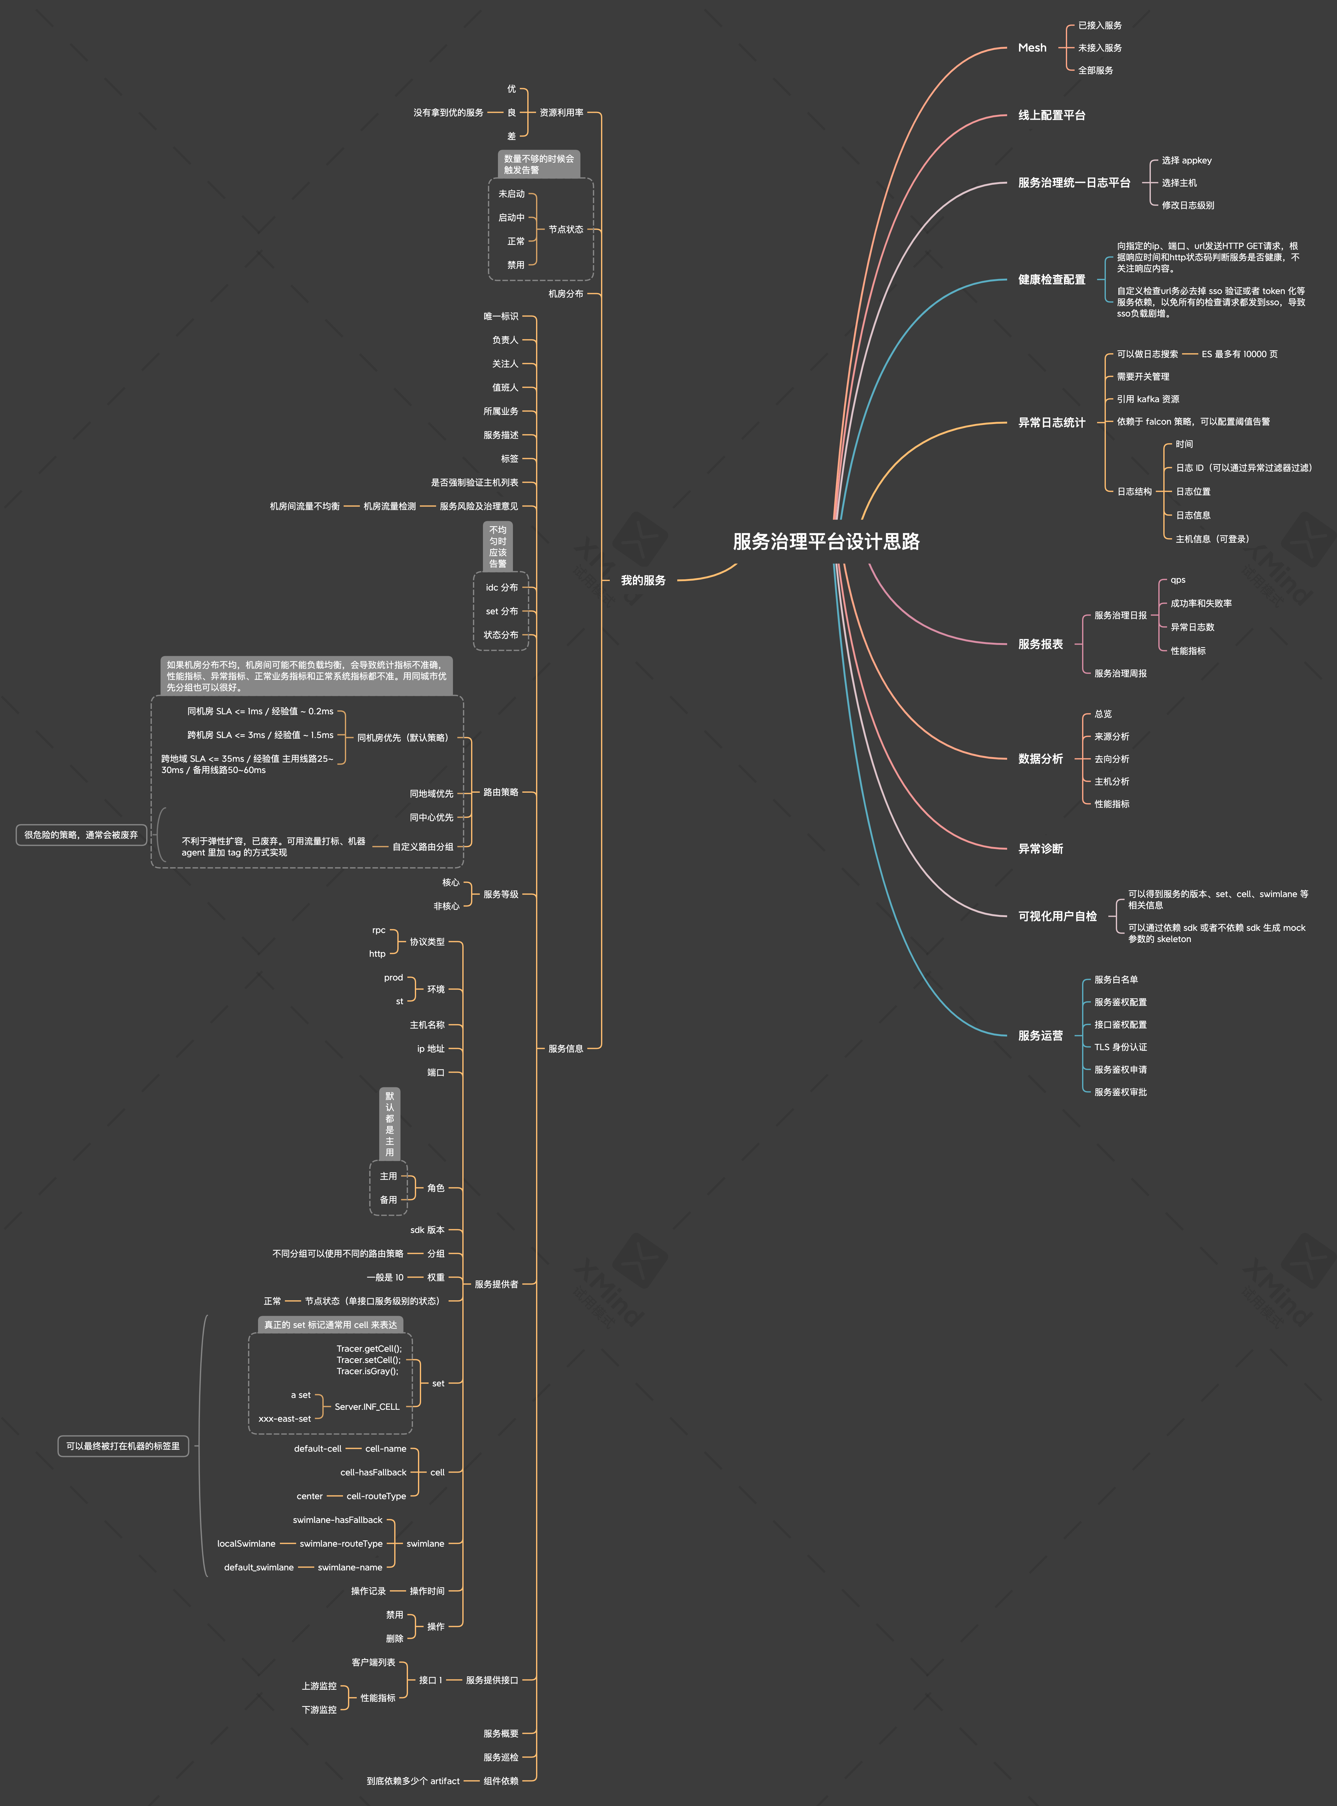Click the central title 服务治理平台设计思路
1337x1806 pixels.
point(826,541)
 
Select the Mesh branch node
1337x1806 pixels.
point(1032,48)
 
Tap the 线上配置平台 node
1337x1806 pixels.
point(1051,115)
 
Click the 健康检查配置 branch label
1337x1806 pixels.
point(1051,279)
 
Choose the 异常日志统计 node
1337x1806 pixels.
point(1051,422)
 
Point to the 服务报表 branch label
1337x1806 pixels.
point(1040,644)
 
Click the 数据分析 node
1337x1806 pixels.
point(1040,759)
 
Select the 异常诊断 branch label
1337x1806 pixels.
point(1040,848)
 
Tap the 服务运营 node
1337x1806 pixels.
point(1040,1035)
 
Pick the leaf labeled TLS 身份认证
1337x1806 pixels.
point(1120,1047)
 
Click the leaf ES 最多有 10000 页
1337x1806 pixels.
point(1239,354)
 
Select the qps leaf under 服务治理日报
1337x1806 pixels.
point(1178,580)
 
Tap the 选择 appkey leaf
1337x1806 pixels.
point(1186,160)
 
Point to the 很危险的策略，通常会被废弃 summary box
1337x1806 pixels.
point(81,835)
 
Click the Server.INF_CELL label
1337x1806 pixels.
point(367,1406)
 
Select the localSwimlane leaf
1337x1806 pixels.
point(246,1543)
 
